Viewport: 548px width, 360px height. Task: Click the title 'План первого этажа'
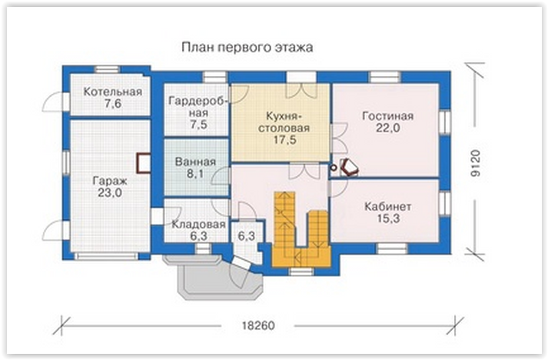[247, 47]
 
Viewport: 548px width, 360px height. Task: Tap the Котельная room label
[112, 92]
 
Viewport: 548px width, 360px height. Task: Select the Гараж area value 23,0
[110, 192]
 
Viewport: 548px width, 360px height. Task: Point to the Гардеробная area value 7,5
[199, 124]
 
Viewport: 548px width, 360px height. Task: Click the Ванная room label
[195, 162]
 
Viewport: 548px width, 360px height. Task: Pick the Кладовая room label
[198, 225]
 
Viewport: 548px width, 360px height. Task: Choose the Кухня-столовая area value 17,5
[285, 139]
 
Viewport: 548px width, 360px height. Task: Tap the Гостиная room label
[388, 116]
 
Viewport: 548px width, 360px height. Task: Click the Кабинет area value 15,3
[388, 218]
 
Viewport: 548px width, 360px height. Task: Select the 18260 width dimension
[258, 325]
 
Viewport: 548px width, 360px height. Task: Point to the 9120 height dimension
[476, 162]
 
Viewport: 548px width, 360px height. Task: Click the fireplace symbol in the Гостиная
[350, 167]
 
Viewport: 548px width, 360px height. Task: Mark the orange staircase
[301, 231]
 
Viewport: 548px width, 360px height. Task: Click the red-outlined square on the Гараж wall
[143, 163]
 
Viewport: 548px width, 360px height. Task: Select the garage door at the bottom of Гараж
[107, 257]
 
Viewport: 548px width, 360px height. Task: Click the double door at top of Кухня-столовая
[301, 90]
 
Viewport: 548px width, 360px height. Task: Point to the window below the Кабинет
[391, 248]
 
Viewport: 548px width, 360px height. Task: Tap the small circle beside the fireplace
[334, 168]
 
